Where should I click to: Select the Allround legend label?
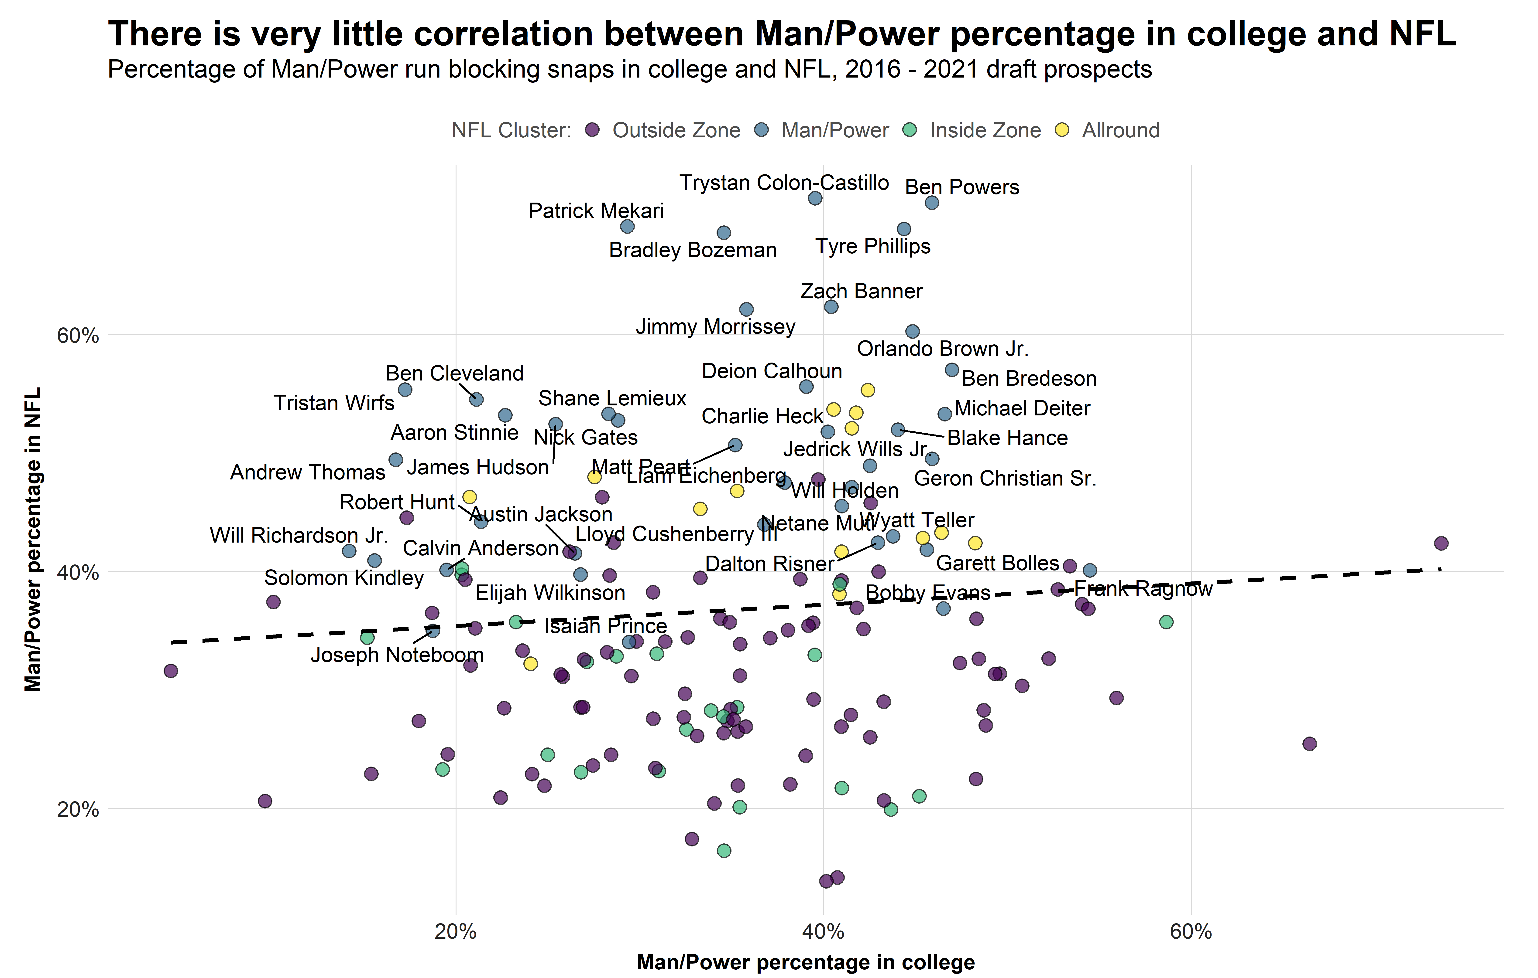click(1120, 130)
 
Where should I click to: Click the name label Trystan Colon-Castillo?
click(784, 183)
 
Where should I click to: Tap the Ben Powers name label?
click(962, 187)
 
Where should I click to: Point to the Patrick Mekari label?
click(596, 211)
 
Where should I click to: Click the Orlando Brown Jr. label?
click(942, 349)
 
